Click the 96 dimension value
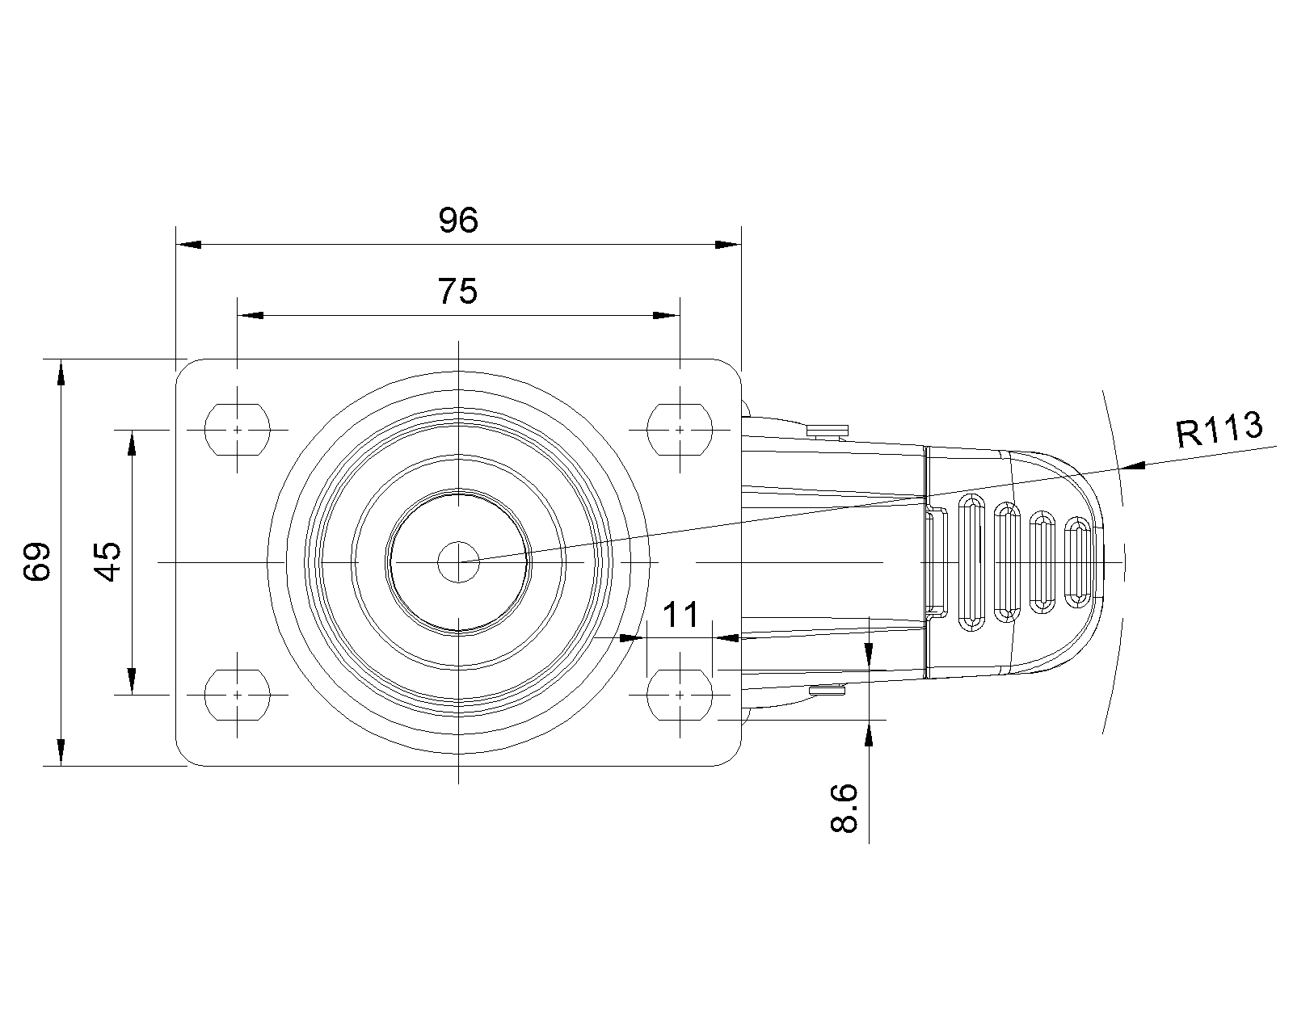click(458, 220)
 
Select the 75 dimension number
click(457, 292)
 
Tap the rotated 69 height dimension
click(36, 561)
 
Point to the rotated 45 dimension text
click(107, 561)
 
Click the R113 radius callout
click(1219, 429)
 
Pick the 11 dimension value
click(680, 614)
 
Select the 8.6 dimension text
click(844, 808)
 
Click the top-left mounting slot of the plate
click(238, 430)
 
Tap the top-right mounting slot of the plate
click(680, 430)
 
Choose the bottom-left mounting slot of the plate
click(238, 695)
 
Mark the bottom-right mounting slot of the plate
click(680, 695)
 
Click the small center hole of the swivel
click(458, 562)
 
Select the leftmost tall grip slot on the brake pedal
click(971, 562)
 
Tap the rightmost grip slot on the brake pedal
click(1078, 562)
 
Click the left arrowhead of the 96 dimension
click(188, 245)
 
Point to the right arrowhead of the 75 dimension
click(667, 315)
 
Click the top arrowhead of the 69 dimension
click(61, 372)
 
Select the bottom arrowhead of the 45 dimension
click(133, 681)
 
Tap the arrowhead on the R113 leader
click(1133, 465)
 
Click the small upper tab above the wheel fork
click(828, 431)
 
